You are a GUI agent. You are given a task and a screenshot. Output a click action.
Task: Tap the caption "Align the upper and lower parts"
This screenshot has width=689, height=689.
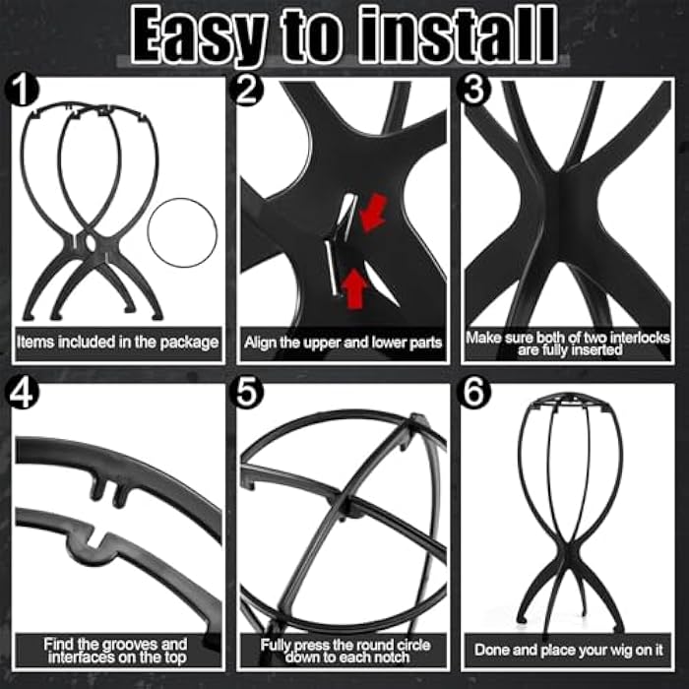point(343,343)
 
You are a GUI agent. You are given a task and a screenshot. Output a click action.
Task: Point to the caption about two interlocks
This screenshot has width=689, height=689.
point(569,343)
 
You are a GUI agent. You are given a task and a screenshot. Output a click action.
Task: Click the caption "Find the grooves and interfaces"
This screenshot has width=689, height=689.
point(116,650)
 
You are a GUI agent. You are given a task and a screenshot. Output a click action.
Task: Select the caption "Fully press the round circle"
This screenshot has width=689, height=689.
point(343,650)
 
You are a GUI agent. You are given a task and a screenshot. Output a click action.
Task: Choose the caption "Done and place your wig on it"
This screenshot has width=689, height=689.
point(569,650)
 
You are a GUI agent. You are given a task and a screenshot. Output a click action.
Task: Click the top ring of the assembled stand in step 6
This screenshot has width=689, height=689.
point(568,403)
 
